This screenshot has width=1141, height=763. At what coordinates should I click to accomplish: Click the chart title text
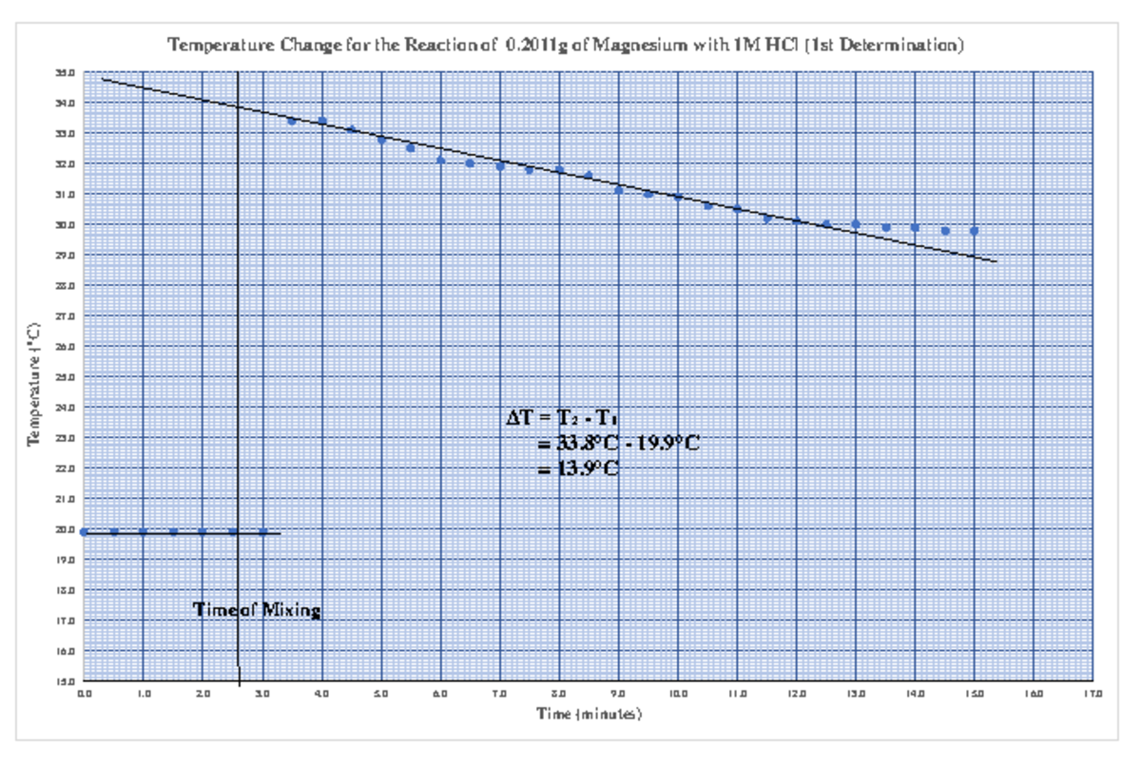tap(567, 45)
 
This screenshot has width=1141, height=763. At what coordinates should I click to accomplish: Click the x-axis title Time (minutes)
tap(590, 713)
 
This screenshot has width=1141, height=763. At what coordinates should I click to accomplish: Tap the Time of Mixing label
tap(257, 610)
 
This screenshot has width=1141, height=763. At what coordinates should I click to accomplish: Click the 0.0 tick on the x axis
tap(85, 695)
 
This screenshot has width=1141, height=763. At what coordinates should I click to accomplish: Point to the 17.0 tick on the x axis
tap(1093, 695)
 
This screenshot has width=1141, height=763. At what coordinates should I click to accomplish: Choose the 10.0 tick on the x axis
tap(678, 695)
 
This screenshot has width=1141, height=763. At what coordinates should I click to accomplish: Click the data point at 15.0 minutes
tap(974, 231)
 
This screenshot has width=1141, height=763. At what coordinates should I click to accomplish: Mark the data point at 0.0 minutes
tap(85, 532)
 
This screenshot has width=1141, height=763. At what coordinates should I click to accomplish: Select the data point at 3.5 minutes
tap(292, 121)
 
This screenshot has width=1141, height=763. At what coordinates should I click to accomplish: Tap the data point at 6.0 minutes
tap(440, 160)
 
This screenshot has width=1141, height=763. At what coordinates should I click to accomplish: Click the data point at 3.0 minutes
tap(262, 532)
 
